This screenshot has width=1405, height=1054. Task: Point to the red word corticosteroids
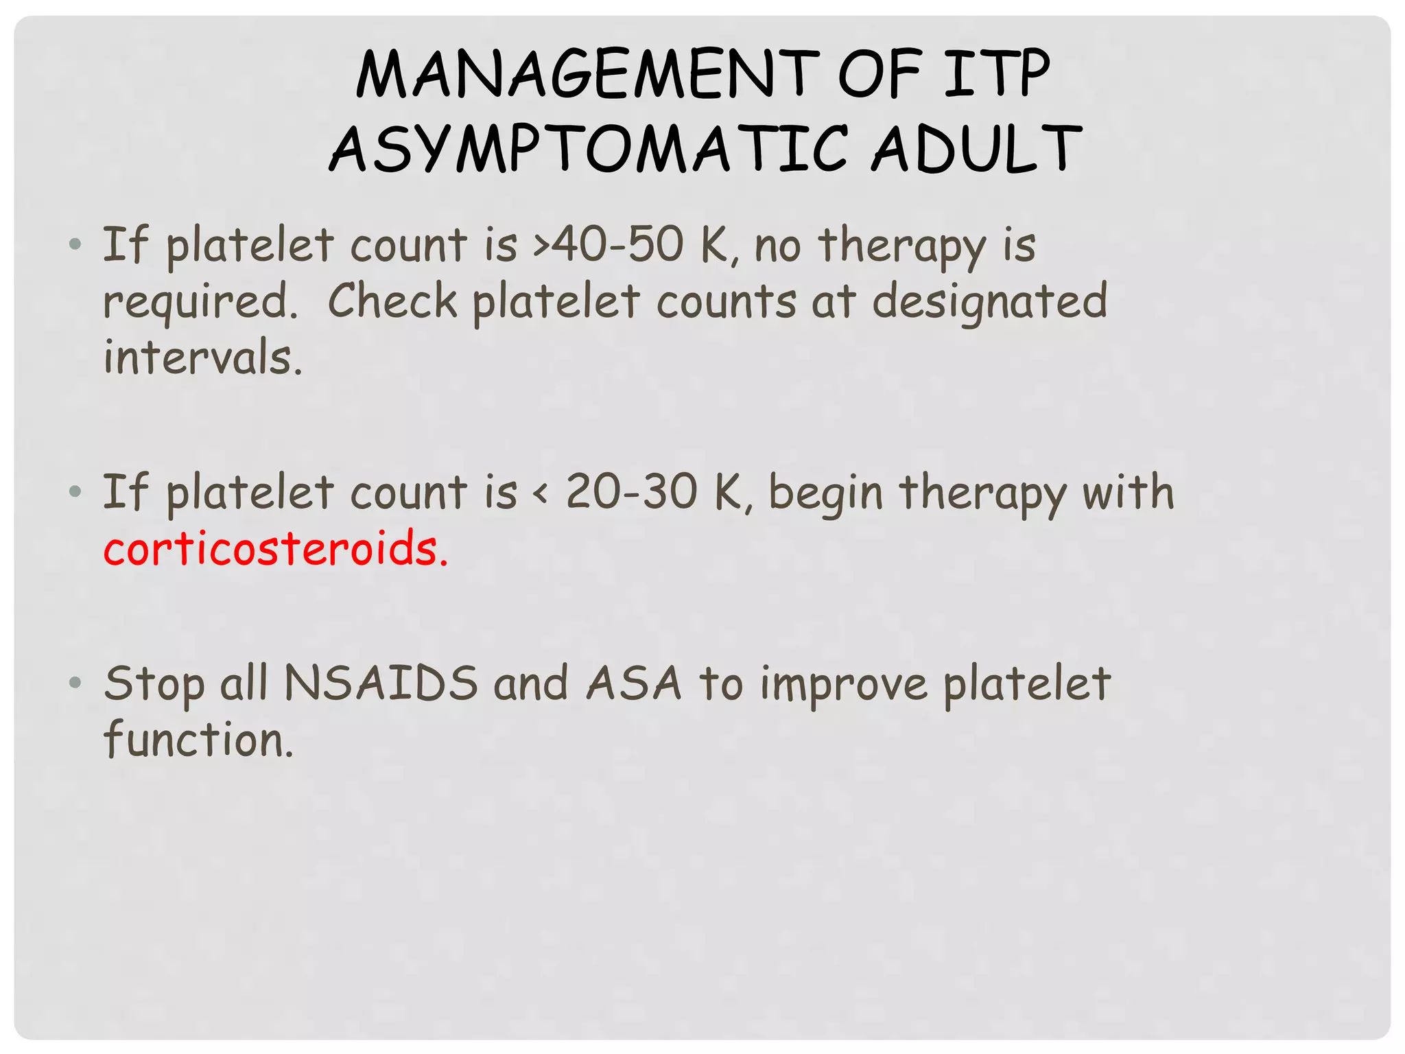pyautogui.click(x=275, y=549)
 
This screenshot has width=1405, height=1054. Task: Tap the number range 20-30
pyautogui.click(x=631, y=492)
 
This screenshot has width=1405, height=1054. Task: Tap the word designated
pyautogui.click(x=989, y=302)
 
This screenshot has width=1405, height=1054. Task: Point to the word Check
pyautogui.click(x=392, y=301)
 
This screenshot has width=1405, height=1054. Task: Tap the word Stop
pyautogui.click(x=154, y=685)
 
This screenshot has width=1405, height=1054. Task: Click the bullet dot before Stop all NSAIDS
pyautogui.click(x=75, y=683)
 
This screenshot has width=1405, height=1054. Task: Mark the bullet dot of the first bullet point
pyautogui.click(x=75, y=244)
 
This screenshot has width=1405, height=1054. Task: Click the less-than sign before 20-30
pyautogui.click(x=542, y=493)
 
